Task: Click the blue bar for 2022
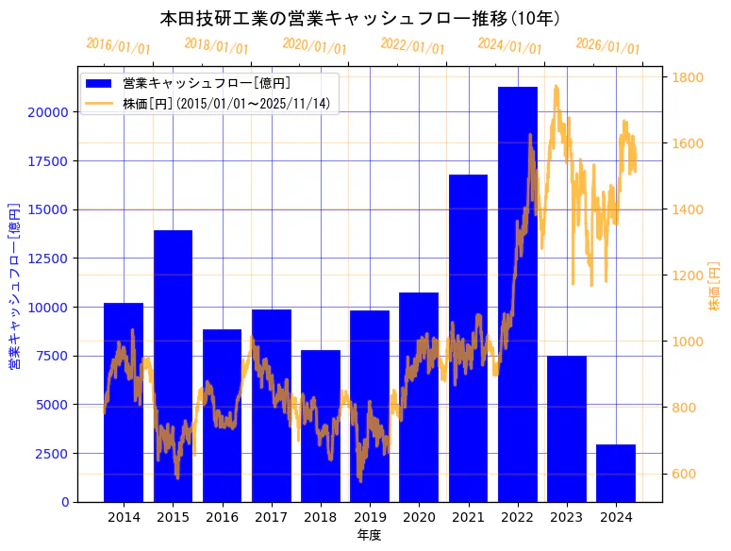coord(518,293)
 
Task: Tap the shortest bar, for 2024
coord(616,473)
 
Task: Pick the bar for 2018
coord(321,426)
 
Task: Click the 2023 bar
coord(567,428)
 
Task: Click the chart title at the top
coord(360,19)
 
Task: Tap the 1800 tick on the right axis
coord(689,77)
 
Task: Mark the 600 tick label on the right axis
coord(685,474)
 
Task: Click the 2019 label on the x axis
coord(370,517)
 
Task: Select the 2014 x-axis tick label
coord(124,517)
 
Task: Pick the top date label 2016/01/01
coord(118,46)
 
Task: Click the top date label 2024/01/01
coord(509,44)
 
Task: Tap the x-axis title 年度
coord(370,535)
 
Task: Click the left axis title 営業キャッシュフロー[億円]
coord(14,284)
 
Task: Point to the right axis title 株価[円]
coord(714,287)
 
